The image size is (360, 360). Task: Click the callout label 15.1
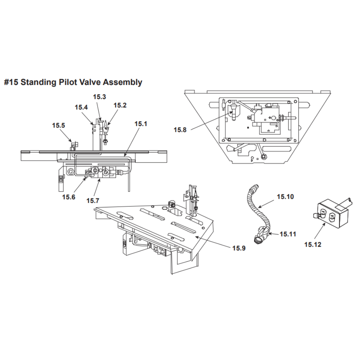point(141,123)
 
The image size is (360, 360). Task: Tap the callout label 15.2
point(120,105)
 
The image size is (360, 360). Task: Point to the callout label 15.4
point(81,107)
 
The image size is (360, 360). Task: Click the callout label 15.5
point(58,125)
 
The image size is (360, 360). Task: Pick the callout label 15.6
point(68,197)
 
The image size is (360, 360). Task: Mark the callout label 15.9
point(239,248)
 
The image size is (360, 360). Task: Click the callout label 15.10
point(285,197)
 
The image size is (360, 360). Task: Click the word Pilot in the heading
point(71,82)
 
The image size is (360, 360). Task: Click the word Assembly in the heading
point(122,82)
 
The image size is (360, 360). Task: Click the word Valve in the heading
point(92,82)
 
